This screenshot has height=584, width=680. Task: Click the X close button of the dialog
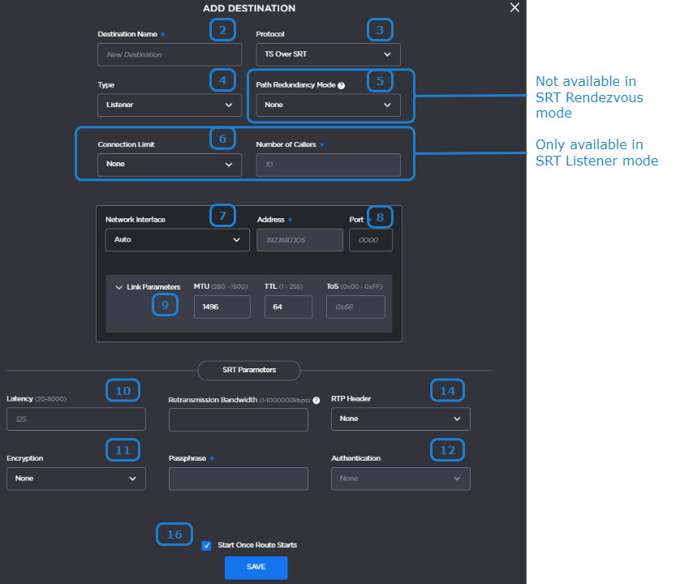[514, 7]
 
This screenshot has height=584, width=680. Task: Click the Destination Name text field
[170, 54]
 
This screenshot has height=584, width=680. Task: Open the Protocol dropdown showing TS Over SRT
[329, 54]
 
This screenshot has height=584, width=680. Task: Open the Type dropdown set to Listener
[170, 105]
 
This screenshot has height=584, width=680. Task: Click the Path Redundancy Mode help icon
[342, 85]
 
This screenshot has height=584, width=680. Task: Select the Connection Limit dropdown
[170, 165]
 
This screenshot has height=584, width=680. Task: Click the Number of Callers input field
[329, 165]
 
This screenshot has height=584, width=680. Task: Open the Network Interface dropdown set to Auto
[178, 240]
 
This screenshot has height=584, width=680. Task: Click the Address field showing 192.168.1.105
[299, 240]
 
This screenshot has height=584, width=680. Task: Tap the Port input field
[371, 240]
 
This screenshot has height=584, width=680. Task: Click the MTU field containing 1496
[222, 307]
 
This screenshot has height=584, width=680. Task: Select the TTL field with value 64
[288, 307]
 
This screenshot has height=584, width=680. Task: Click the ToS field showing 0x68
[355, 307]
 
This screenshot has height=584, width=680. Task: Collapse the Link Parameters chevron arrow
[118, 287]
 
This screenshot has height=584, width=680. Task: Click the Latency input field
[76, 419]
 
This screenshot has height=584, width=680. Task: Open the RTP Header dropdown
[401, 419]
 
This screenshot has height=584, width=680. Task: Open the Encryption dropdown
[76, 479]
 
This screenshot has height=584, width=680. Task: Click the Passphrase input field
[239, 479]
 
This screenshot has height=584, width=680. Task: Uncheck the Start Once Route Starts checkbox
[206, 545]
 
